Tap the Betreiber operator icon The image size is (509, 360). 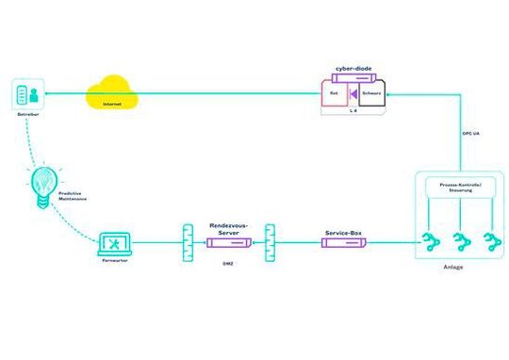[27, 95]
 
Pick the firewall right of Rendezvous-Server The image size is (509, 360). [271, 242]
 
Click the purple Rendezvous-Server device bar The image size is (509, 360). [226, 243]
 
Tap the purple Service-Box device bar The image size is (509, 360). [344, 243]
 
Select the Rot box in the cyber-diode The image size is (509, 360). [334, 93]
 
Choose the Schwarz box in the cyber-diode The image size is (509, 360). [370, 93]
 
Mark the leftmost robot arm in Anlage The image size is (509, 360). [429, 240]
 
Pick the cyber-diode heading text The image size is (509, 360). [352, 70]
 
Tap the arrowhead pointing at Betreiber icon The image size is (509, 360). [49, 93]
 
